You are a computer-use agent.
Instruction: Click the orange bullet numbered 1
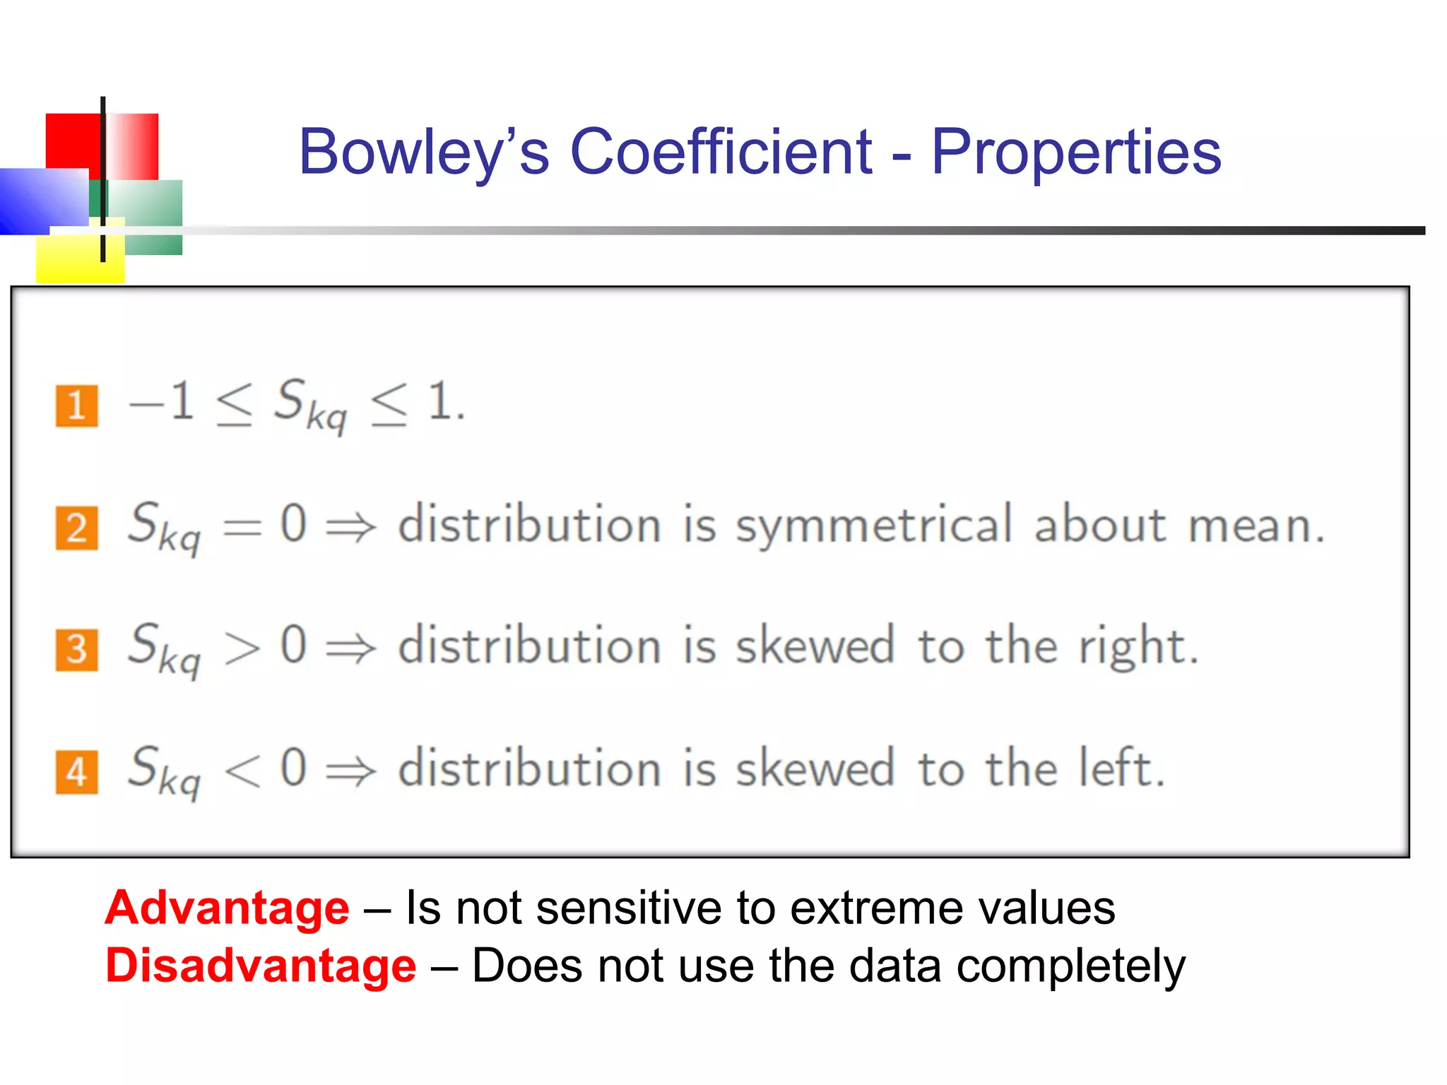[76, 406]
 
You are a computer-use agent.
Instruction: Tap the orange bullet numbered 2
[76, 528]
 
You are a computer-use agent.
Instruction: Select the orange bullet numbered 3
[76, 650]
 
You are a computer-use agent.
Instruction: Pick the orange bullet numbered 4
[76, 772]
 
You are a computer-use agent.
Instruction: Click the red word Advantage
[227, 908]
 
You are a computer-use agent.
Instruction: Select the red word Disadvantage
[261, 966]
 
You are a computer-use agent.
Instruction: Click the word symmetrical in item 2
[875, 526]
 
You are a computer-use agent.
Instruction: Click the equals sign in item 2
[242, 527]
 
